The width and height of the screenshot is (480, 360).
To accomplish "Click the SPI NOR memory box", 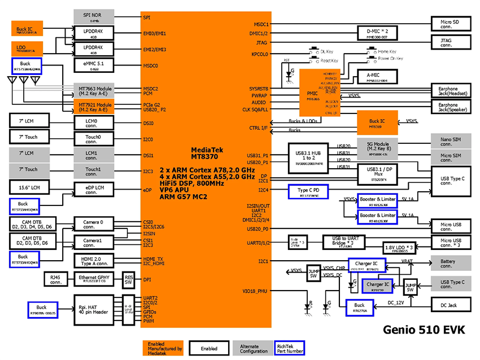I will pos(94,16).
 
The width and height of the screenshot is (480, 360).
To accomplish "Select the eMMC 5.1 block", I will pos(94,66).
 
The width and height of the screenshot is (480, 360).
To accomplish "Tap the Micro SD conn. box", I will pos(451,24).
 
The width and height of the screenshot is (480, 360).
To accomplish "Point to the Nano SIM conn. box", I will pos(451,141).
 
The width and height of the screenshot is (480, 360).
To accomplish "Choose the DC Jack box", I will pos(451,305).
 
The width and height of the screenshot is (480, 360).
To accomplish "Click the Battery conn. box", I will pos(451,262).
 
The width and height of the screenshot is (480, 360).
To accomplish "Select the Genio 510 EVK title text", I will pos(424,330).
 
